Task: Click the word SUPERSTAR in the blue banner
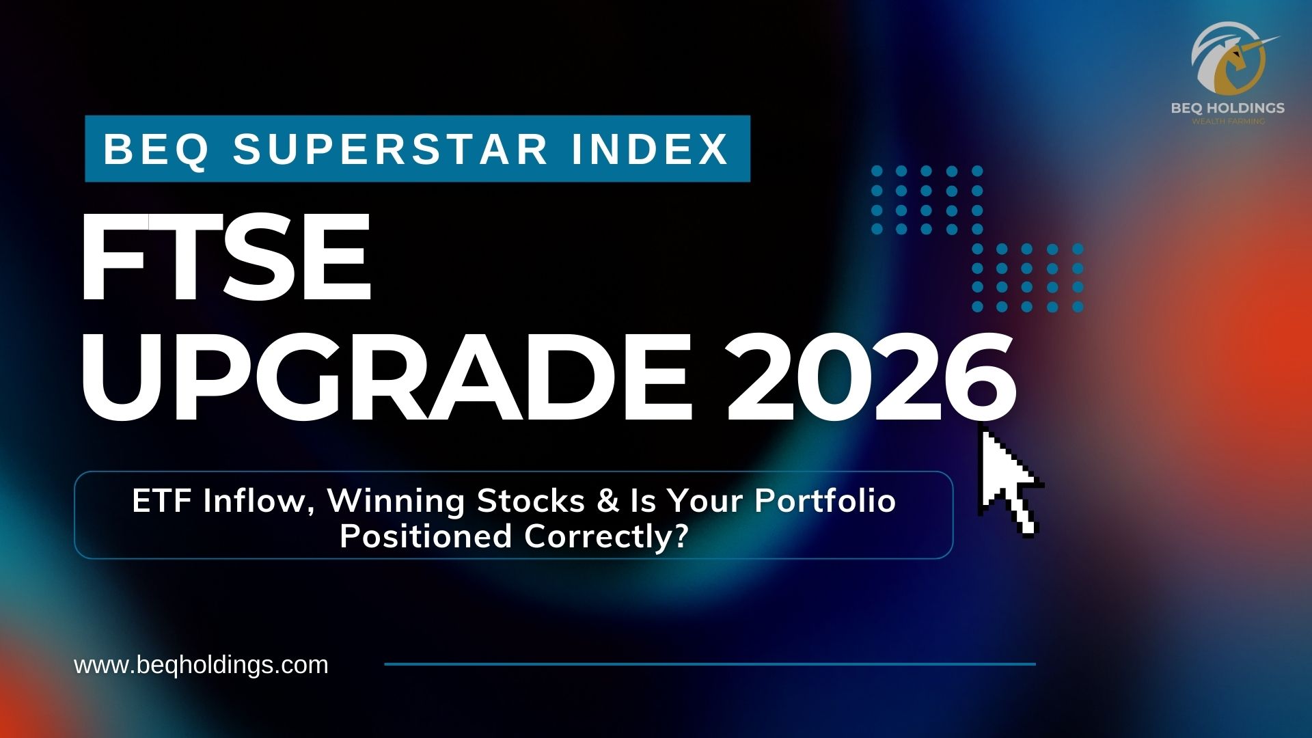point(390,149)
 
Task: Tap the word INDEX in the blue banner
point(650,149)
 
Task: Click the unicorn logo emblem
point(1229,59)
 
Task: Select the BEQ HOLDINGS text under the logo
point(1228,108)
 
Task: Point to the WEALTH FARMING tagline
point(1228,122)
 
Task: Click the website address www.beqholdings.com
point(201,665)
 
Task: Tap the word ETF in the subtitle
point(162,502)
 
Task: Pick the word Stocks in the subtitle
point(531,502)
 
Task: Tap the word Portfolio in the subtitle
point(825,502)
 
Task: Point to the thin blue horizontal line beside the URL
point(710,664)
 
